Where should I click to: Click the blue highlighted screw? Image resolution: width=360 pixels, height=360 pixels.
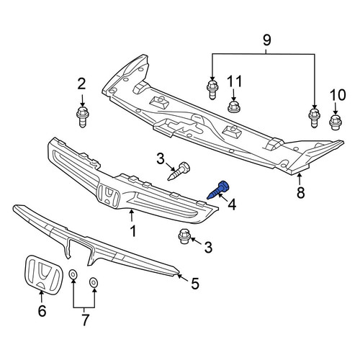point(217,190)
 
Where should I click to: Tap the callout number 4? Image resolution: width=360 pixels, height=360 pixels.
point(232,204)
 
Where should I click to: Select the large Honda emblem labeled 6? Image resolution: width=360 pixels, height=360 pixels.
point(43,274)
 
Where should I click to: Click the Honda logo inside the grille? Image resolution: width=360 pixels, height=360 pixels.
point(109,195)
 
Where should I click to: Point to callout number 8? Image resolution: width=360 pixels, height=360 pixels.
point(300,192)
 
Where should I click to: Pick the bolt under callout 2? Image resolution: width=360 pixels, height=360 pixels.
point(82,117)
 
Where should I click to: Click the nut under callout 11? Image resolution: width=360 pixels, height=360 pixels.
point(233,107)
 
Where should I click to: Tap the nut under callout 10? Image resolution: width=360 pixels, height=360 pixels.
point(336,122)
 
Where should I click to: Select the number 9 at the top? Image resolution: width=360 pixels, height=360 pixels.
point(266,40)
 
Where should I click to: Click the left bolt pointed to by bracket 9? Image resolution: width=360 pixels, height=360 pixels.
point(212,90)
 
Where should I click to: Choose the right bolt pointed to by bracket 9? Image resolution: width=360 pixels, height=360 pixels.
point(314,117)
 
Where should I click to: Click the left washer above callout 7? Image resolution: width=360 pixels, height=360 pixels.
point(73,274)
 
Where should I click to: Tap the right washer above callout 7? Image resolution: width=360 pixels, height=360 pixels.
point(94,282)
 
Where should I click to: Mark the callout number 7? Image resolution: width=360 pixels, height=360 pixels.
point(84,320)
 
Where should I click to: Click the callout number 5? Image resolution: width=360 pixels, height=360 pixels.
point(195,283)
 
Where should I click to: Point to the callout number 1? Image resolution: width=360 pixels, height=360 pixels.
point(132,231)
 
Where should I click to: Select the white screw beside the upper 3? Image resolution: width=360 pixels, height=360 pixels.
point(179,171)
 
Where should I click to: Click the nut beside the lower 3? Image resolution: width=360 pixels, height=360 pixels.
point(184,236)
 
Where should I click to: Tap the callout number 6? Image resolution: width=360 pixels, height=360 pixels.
point(42,311)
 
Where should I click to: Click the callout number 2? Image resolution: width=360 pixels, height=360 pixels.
point(81,84)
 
